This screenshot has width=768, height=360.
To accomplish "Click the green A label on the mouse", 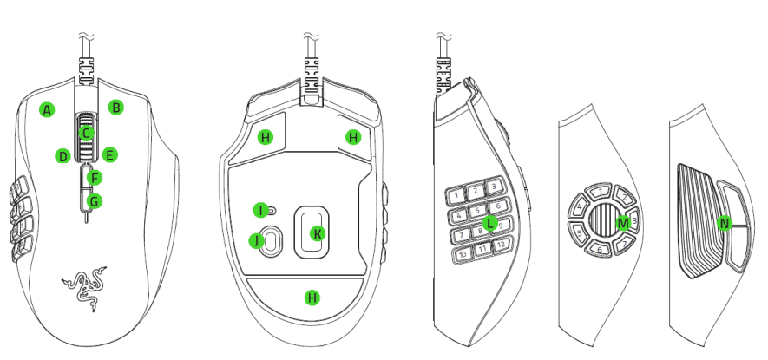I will coord(47,110).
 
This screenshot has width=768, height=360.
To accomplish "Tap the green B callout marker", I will coord(115,108).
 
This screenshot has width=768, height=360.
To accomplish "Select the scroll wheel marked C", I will coord(85,133).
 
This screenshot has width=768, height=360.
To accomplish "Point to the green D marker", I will coord(62,156).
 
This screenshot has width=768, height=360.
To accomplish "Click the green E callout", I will coord(109,155).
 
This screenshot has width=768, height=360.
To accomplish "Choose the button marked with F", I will coord(95,179).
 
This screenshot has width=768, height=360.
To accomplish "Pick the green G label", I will coord(95,201).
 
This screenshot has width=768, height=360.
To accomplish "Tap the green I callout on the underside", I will coord(259,210).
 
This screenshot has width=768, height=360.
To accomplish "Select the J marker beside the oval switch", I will coord(256,240).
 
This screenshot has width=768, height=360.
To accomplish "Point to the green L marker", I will coord(491,224).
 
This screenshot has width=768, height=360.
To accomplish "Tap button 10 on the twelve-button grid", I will coord(463,254).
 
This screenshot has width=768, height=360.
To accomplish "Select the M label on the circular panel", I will coord(621,223).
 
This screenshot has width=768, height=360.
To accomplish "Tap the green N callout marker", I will coord(725,223).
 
